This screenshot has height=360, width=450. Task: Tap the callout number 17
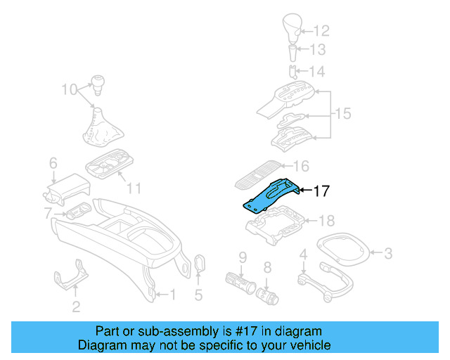click(x=321, y=191)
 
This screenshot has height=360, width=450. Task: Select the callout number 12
click(x=321, y=31)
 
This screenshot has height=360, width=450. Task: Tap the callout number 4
click(x=303, y=254)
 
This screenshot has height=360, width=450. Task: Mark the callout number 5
click(x=198, y=295)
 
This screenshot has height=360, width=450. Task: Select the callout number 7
click(x=48, y=213)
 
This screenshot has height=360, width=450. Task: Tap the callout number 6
click(x=53, y=164)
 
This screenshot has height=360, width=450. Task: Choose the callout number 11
click(x=134, y=188)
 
